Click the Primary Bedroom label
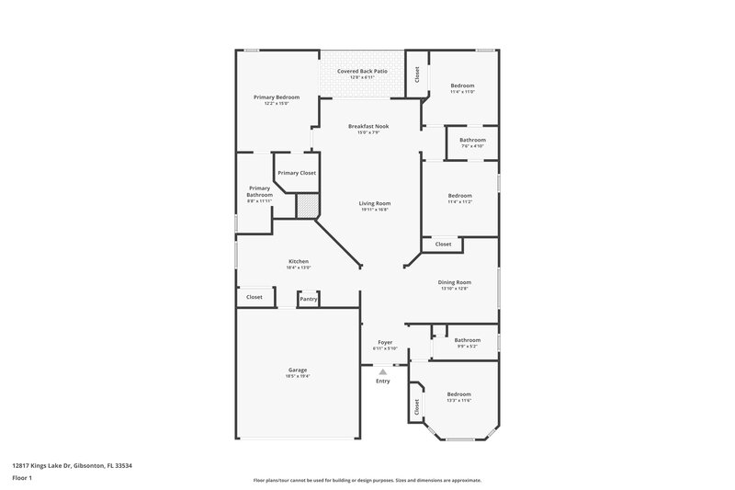[277, 97]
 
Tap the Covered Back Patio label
[362, 71]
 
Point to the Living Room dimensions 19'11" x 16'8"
[375, 210]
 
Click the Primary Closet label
[297, 173]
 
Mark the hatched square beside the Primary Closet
[307, 204]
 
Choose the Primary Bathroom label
[259, 191]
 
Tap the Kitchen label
[299, 261]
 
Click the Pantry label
[309, 298]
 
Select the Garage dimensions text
[298, 376]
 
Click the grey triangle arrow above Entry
[383, 371]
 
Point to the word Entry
[383, 381]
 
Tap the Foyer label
[384, 342]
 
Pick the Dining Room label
[454, 282]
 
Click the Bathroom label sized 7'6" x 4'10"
[472, 140]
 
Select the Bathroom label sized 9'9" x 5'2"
[467, 339]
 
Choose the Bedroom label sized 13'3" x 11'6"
[458, 393]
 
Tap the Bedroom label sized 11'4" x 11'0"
[462, 85]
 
